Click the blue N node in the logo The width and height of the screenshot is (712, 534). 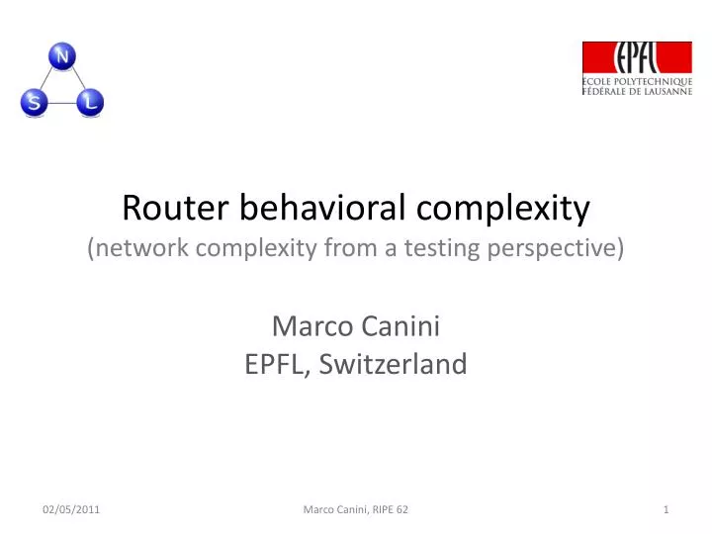tap(62, 57)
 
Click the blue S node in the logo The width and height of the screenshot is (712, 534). tap(34, 102)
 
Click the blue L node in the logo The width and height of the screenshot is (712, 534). tap(91, 101)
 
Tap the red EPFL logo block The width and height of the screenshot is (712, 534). tap(637, 57)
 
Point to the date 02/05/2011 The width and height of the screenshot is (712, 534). tap(70, 509)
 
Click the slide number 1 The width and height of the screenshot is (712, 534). tap(667, 509)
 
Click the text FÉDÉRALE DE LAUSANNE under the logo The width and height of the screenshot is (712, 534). tap(638, 91)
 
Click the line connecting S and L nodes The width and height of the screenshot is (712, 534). tap(62, 102)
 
